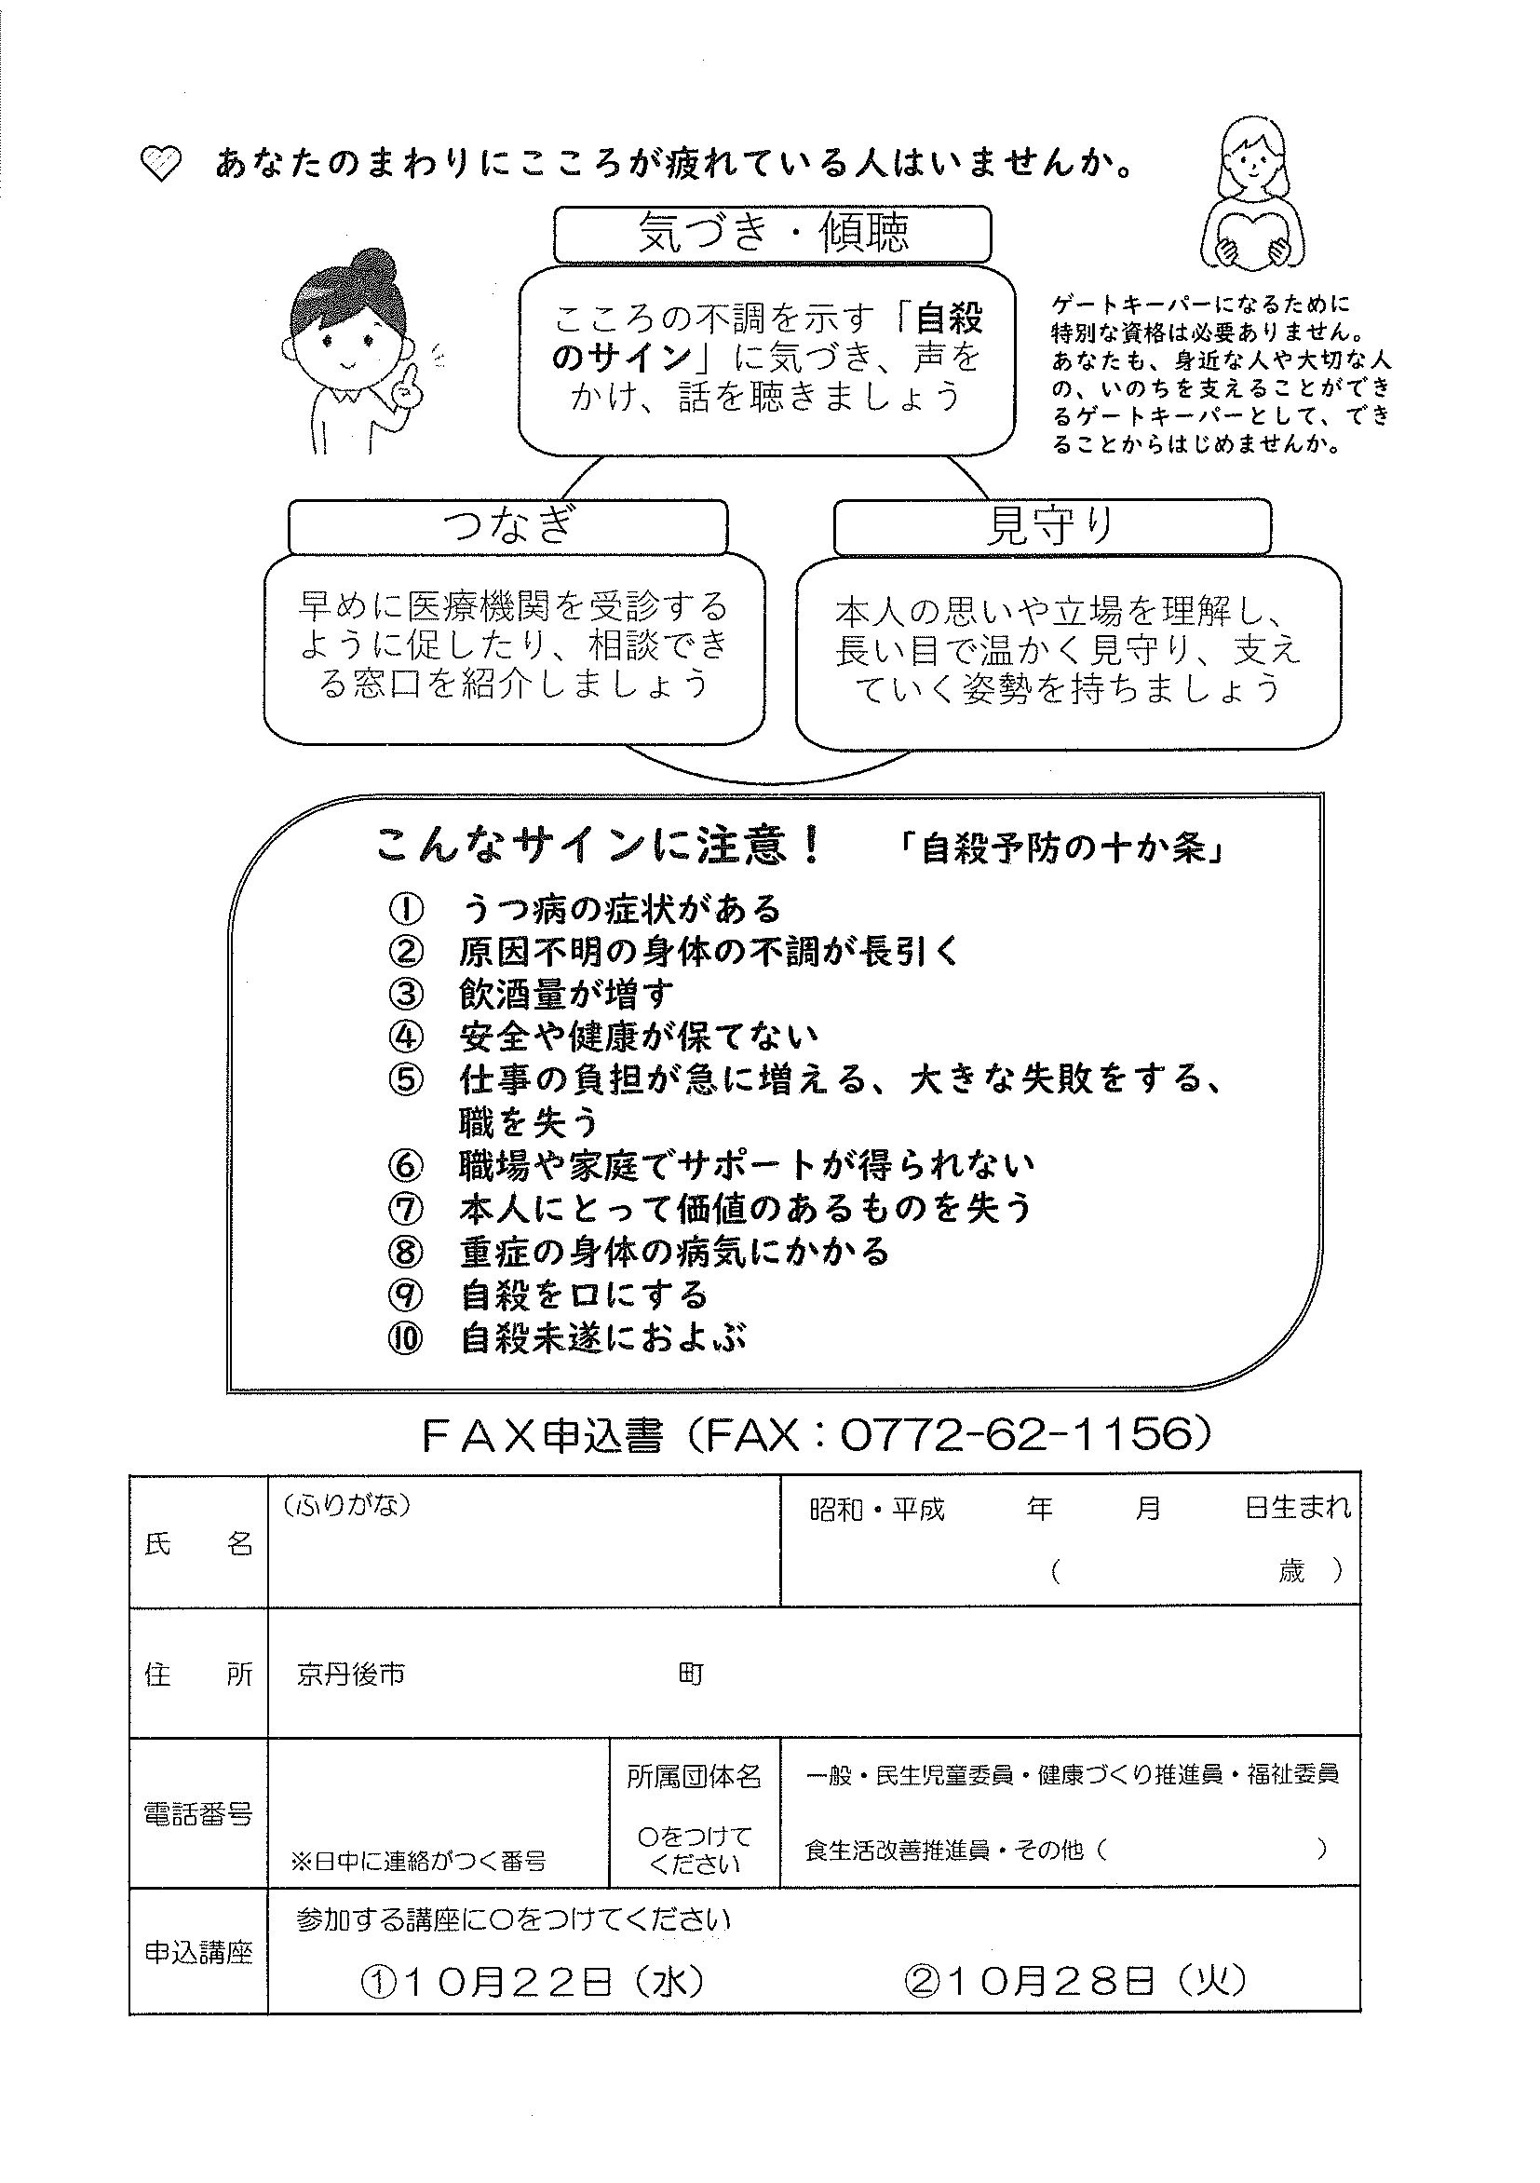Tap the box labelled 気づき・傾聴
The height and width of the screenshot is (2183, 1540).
pyautogui.click(x=772, y=233)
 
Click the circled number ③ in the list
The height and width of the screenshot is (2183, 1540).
pyautogui.click(x=405, y=994)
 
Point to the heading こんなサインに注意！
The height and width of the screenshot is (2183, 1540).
pyautogui.click(x=600, y=845)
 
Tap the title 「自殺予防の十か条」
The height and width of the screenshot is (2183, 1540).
pyautogui.click(x=1062, y=848)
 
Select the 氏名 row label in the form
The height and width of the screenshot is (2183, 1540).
pyautogui.click(x=198, y=1545)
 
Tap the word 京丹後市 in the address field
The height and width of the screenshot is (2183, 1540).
pyautogui.click(x=351, y=1674)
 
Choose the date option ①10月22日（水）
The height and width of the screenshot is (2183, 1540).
pyautogui.click(x=533, y=1982)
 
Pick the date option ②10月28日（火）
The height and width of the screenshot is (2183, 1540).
pyautogui.click(x=1074, y=1982)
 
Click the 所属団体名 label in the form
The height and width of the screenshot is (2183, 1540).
pyautogui.click(x=694, y=1776)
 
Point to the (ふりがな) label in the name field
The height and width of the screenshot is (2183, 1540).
pyautogui.click(x=346, y=1505)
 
